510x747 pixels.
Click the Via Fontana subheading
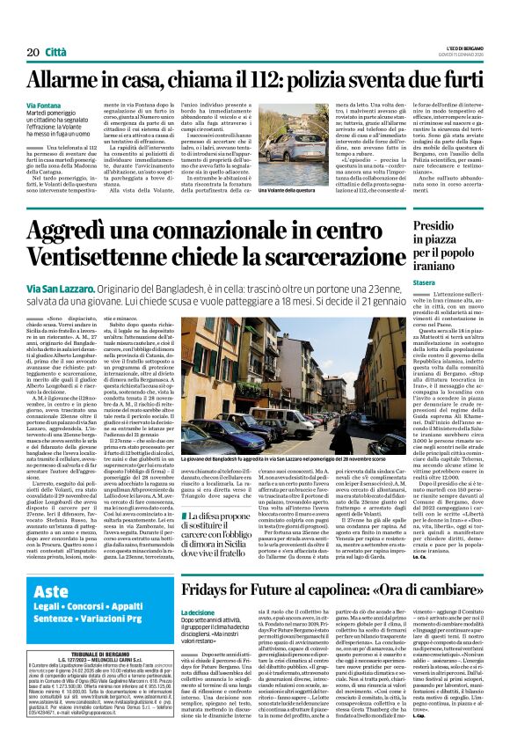click(x=44, y=106)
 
